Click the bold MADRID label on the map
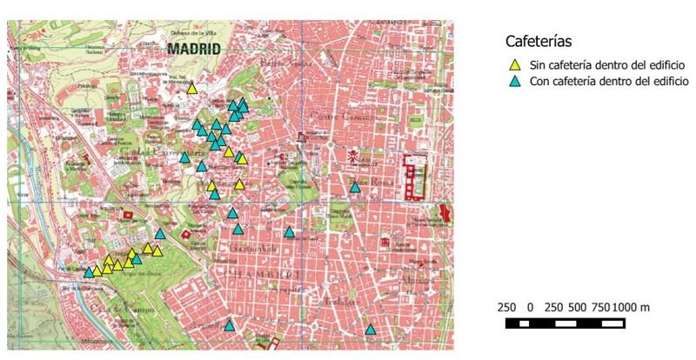pos(193,49)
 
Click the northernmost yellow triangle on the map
pos(191,88)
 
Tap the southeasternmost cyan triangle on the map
pos(371,330)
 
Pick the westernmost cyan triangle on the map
pos(89,272)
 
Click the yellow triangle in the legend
pos(514,64)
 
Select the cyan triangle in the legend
pos(514,81)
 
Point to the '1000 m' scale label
pos(632,308)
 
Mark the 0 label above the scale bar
pos(530,308)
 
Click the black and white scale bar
pos(565,323)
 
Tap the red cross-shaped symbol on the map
pos(353,157)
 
